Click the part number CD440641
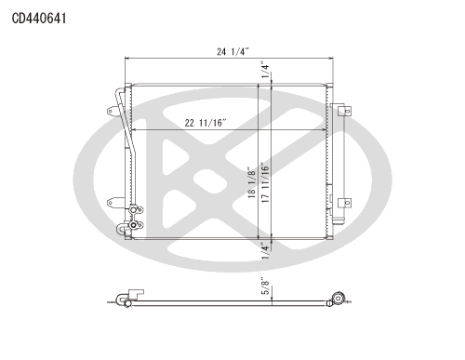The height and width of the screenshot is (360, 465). (39, 19)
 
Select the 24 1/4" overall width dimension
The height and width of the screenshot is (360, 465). (233, 51)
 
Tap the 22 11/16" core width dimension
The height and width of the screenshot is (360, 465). (206, 123)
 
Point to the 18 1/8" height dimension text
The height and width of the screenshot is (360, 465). (252, 182)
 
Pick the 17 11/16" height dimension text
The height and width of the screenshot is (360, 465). (265, 183)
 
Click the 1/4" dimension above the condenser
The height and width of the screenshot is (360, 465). (265, 71)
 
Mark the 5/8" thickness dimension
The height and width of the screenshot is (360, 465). (266, 287)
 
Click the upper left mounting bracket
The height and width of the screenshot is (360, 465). (113, 111)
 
